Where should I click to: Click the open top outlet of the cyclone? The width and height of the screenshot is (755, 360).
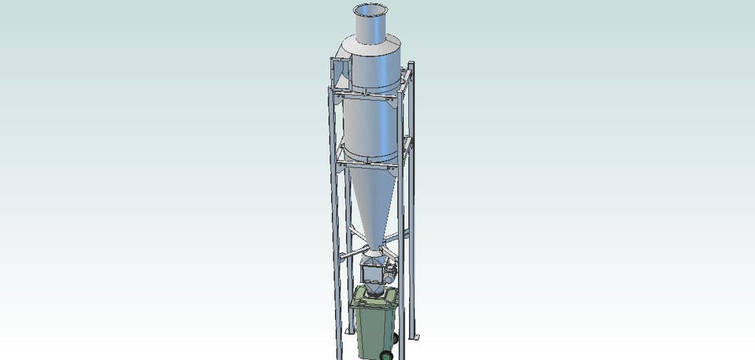372,10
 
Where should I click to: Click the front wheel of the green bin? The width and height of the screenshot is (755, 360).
385,354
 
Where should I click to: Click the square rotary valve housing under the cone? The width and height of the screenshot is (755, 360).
371,276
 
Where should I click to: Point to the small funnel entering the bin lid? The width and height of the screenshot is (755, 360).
374,292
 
